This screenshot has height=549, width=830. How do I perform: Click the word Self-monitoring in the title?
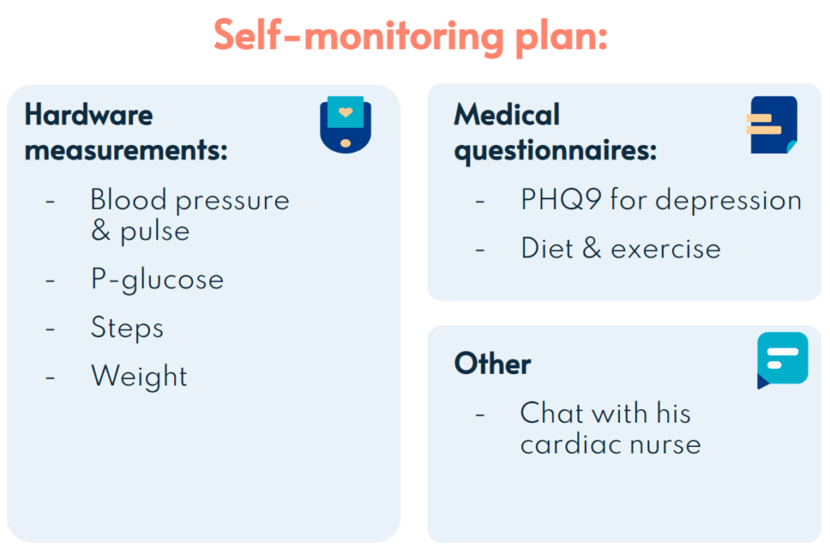[359, 36]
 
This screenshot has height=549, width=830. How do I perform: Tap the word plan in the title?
[561, 38]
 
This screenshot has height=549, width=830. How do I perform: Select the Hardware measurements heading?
[126, 132]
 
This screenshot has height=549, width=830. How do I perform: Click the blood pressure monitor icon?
[345, 124]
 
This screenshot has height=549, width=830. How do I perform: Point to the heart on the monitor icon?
[345, 112]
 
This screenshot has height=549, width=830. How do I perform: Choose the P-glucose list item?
[157, 279]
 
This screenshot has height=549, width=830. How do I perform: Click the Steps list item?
[127, 328]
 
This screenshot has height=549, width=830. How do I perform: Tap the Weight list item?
[139, 376]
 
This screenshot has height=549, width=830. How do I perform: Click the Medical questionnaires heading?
[555, 132]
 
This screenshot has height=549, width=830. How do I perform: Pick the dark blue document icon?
[772, 125]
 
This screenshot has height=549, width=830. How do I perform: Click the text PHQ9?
[561, 200]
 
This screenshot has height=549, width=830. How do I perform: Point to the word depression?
[729, 201]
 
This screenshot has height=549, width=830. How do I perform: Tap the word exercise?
[666, 249]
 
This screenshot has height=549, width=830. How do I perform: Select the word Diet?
[547, 248]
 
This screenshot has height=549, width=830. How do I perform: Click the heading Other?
[492, 364]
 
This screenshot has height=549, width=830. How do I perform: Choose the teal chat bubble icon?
[782, 360]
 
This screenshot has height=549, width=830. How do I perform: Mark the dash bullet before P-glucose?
[50, 280]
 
